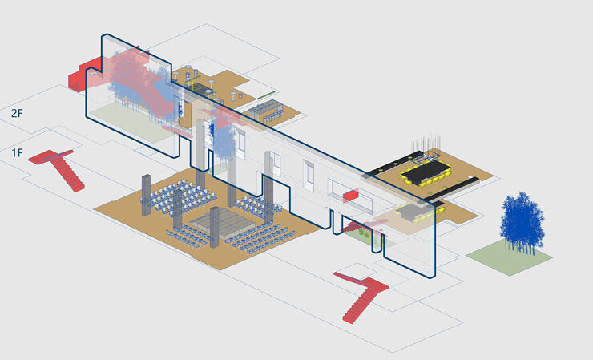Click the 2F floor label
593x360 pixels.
17,114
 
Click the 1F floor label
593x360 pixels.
17,152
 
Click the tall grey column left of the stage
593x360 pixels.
147,194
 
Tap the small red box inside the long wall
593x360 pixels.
349,196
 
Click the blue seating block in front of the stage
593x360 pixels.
191,235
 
